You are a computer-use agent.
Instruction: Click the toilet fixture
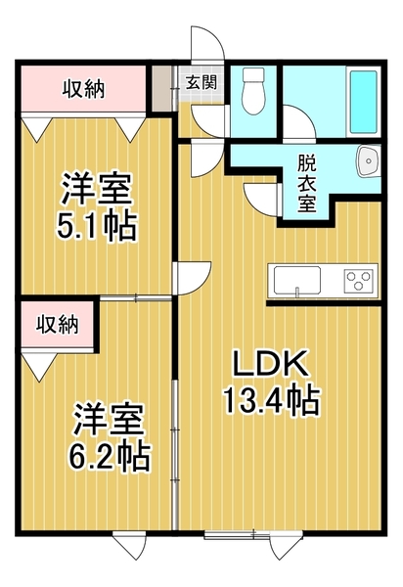click(253, 91)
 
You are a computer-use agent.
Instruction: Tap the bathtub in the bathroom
click(363, 102)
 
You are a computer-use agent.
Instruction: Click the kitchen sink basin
click(297, 280)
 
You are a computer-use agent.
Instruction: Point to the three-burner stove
click(359, 281)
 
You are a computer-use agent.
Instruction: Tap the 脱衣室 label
click(306, 183)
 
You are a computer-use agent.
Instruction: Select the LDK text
click(271, 364)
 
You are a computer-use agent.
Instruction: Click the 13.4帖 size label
click(271, 400)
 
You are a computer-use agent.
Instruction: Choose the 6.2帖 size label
click(110, 456)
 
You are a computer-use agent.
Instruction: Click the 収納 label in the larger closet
click(83, 89)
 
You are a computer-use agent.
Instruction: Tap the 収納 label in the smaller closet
click(58, 324)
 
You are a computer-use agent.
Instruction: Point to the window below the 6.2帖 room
click(129, 283)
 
